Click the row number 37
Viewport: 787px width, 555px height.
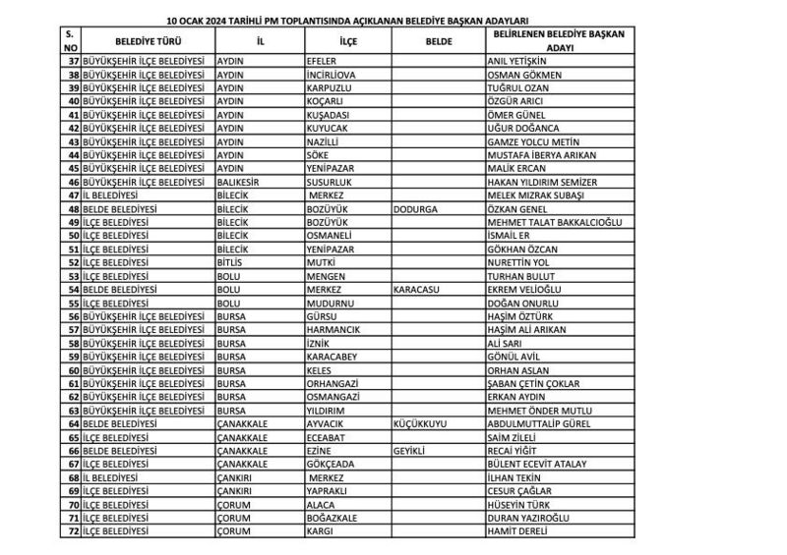click(x=69, y=61)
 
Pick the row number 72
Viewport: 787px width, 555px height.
click(x=69, y=530)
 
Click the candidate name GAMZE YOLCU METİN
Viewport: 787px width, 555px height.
click(x=530, y=141)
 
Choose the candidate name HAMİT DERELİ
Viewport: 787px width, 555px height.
click(x=515, y=530)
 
